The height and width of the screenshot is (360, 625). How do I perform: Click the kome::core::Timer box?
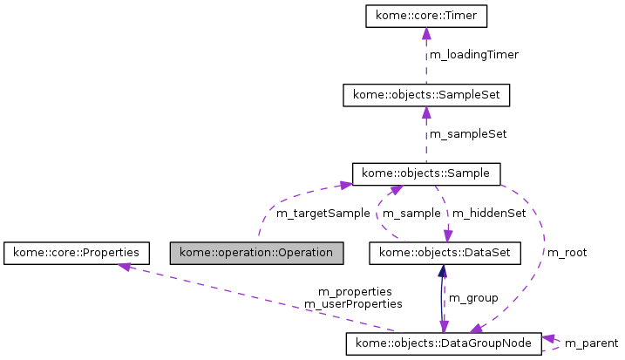[x=425, y=16]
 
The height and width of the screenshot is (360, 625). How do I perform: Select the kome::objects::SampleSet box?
[x=425, y=94]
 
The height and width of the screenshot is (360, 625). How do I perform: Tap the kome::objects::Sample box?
[x=425, y=173]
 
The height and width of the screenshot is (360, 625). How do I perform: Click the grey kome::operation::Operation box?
[x=256, y=253]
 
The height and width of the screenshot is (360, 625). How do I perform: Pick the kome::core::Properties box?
[x=76, y=253]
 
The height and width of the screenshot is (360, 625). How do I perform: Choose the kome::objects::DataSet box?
[x=445, y=253]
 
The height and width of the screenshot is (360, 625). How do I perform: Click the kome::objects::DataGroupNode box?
[x=444, y=343]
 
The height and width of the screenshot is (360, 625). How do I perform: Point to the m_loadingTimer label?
[x=473, y=55]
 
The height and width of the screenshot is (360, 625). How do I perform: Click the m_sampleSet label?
[x=468, y=134]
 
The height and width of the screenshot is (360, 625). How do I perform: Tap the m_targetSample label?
[x=323, y=213]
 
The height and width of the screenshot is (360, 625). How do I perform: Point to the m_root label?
[x=567, y=253]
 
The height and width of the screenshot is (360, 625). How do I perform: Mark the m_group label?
[x=473, y=298]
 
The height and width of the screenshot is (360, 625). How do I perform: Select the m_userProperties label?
[x=353, y=304]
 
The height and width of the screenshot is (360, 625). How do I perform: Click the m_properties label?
[x=355, y=291]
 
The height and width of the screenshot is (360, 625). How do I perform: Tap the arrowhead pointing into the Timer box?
[x=425, y=33]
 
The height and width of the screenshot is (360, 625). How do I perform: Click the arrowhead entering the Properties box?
[x=126, y=267]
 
